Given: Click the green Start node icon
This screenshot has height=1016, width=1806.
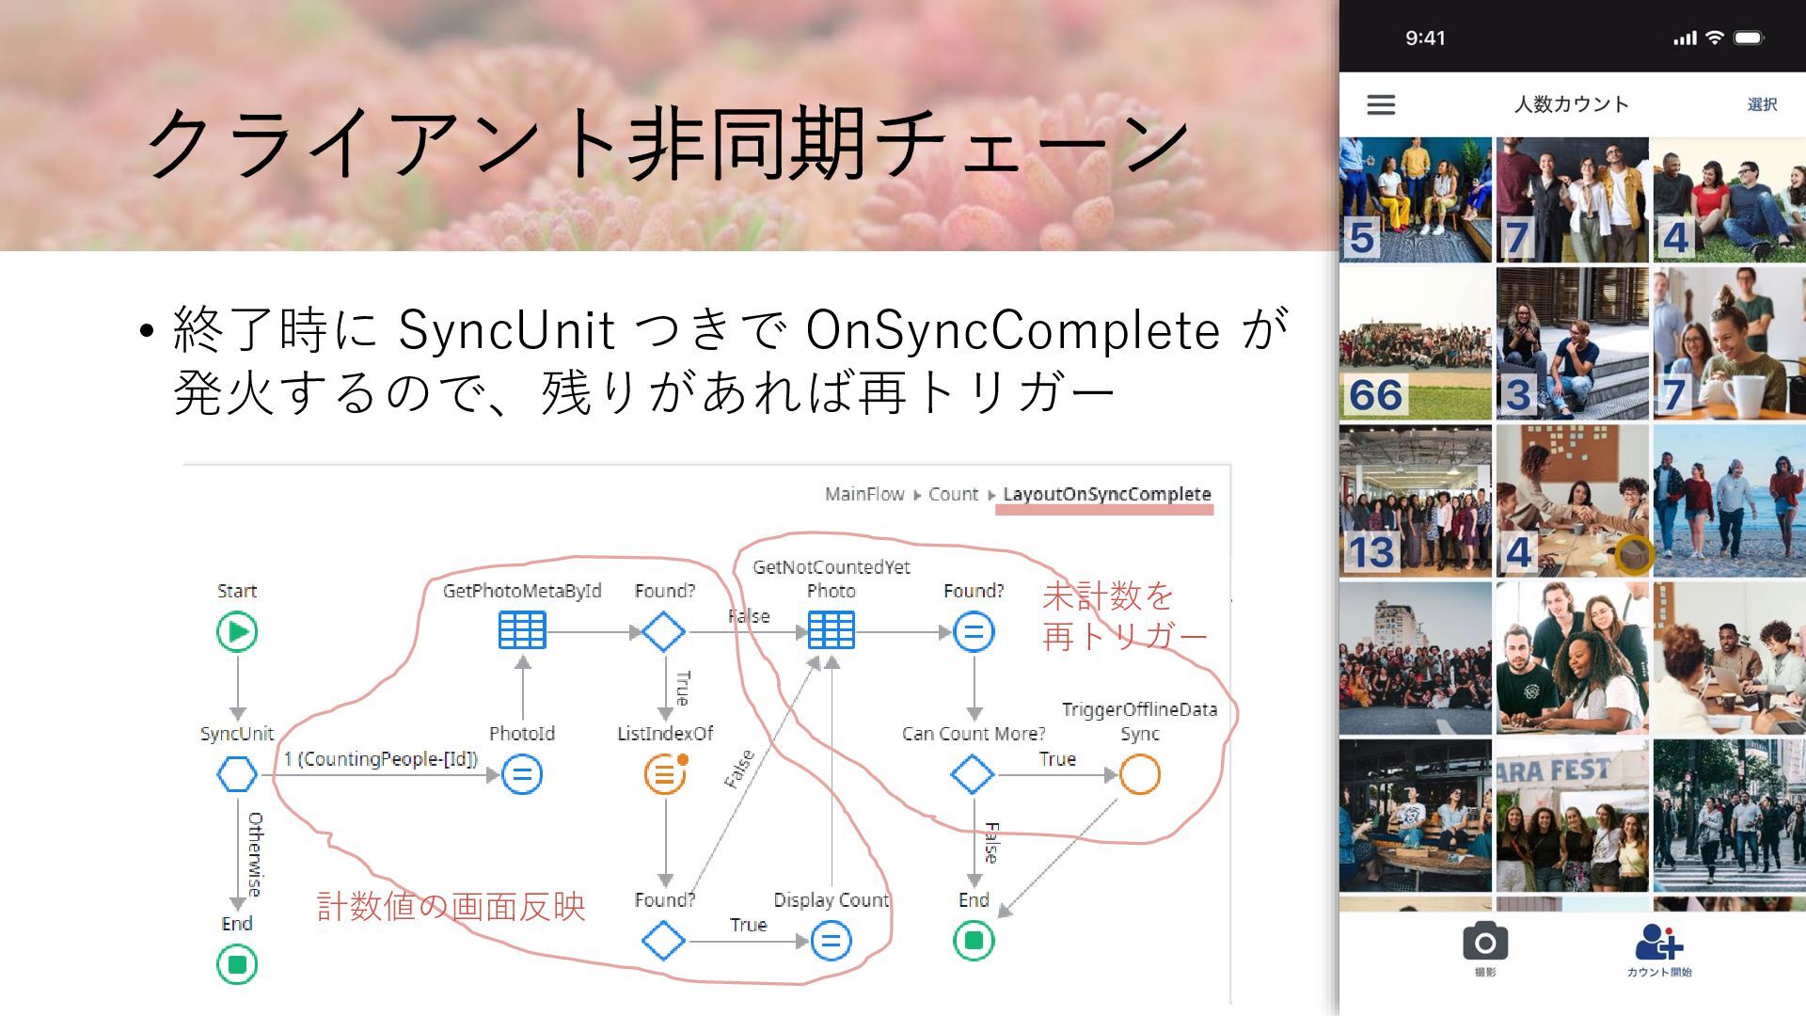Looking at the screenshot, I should pyautogui.click(x=237, y=631).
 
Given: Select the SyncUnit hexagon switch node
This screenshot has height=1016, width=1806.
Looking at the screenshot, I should pyautogui.click(x=237, y=775).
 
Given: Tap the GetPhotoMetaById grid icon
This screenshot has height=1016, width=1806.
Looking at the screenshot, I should pyautogui.click(x=522, y=631).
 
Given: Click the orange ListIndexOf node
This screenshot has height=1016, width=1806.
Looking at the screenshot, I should pyautogui.click(x=665, y=775).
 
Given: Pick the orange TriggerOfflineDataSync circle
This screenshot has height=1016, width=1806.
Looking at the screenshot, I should pyautogui.click(x=1140, y=775).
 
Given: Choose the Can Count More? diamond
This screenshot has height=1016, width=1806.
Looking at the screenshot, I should pyautogui.click(x=973, y=775).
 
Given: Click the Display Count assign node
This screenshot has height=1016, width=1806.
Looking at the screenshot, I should pyautogui.click(x=831, y=941).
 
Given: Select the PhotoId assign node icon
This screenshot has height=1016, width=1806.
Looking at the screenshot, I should pyautogui.click(x=522, y=775).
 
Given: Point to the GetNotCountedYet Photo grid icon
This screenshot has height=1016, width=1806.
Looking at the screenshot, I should pyautogui.click(x=832, y=631).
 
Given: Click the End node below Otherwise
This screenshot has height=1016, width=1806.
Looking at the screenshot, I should pyautogui.click(x=237, y=964).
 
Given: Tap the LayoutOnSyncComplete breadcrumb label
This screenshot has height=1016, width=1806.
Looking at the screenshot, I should pyautogui.click(x=1106, y=494).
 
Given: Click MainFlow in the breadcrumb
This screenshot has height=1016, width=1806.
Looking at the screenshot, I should pyautogui.click(x=863, y=494).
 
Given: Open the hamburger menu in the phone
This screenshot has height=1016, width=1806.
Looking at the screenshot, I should pyautogui.click(x=1381, y=104).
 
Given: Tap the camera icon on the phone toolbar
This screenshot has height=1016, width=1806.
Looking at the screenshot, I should pyautogui.click(x=1485, y=943).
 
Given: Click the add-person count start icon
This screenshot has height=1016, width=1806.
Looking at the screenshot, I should pyautogui.click(x=1658, y=943).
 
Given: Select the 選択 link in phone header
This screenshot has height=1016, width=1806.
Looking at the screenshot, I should pyautogui.click(x=1762, y=104).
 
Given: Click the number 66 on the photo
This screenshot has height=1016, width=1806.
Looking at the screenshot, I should pyautogui.click(x=1375, y=396).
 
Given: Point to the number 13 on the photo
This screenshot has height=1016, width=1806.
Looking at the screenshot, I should pyautogui.click(x=1371, y=552).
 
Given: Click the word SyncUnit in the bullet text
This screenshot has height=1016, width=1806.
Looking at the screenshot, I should pyautogui.click(x=507, y=330).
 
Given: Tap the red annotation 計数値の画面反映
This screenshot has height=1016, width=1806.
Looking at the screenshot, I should pyautogui.click(x=451, y=907).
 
